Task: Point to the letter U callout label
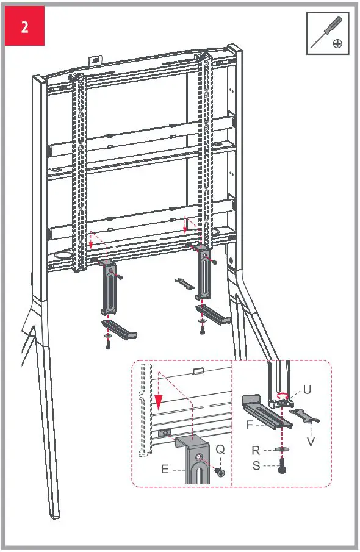pos(307,389)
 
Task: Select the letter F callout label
pos(250,425)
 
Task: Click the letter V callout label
pos(311,440)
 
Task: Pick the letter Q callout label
pos(220,450)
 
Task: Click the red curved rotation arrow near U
pos(282,395)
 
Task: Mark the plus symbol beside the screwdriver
pos(337,44)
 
